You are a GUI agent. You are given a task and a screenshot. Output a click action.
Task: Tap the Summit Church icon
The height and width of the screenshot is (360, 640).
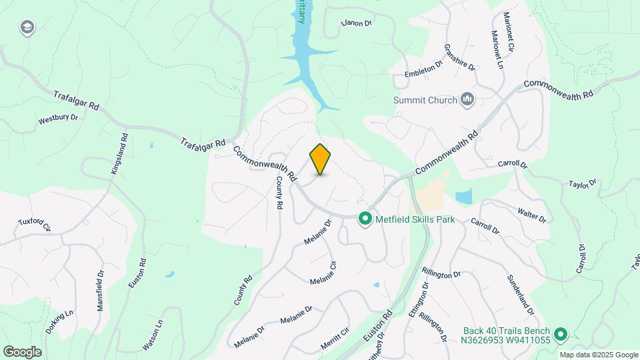click(x=467, y=100)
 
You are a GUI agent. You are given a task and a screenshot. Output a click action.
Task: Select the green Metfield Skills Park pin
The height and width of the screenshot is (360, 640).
click(x=365, y=219)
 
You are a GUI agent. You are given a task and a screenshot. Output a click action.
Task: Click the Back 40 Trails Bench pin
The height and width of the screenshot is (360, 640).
click(x=561, y=333)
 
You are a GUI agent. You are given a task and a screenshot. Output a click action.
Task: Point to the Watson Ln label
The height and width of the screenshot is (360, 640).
click(x=159, y=337)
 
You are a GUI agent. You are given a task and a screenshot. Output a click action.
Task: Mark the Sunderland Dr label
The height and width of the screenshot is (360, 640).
click(x=521, y=295)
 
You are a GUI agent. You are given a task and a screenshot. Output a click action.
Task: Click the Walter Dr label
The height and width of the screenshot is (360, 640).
click(x=532, y=215)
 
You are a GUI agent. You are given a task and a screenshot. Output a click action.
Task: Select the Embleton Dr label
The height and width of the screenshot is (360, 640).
click(x=424, y=70)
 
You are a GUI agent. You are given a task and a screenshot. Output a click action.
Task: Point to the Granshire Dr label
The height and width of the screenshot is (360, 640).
click(x=460, y=58)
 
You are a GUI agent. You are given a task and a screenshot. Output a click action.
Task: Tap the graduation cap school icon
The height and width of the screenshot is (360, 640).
click(x=27, y=27)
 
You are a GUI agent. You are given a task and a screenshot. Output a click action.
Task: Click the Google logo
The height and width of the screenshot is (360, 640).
click(x=22, y=351)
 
